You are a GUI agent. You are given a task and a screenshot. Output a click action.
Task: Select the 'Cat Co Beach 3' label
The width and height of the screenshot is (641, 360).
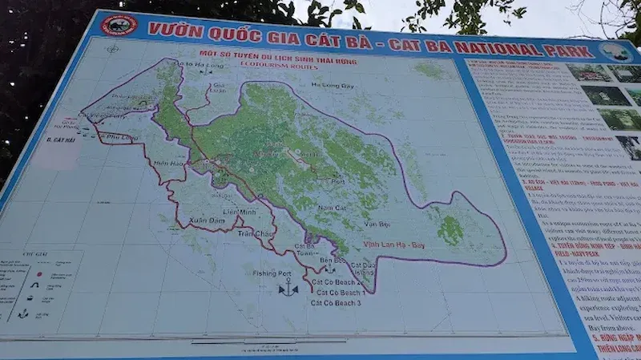(336, 303)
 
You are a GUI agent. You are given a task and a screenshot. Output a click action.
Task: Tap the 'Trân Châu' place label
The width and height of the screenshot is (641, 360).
(256, 233)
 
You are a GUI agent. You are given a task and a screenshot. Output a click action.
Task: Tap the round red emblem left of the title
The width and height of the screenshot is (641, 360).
(119, 25)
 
